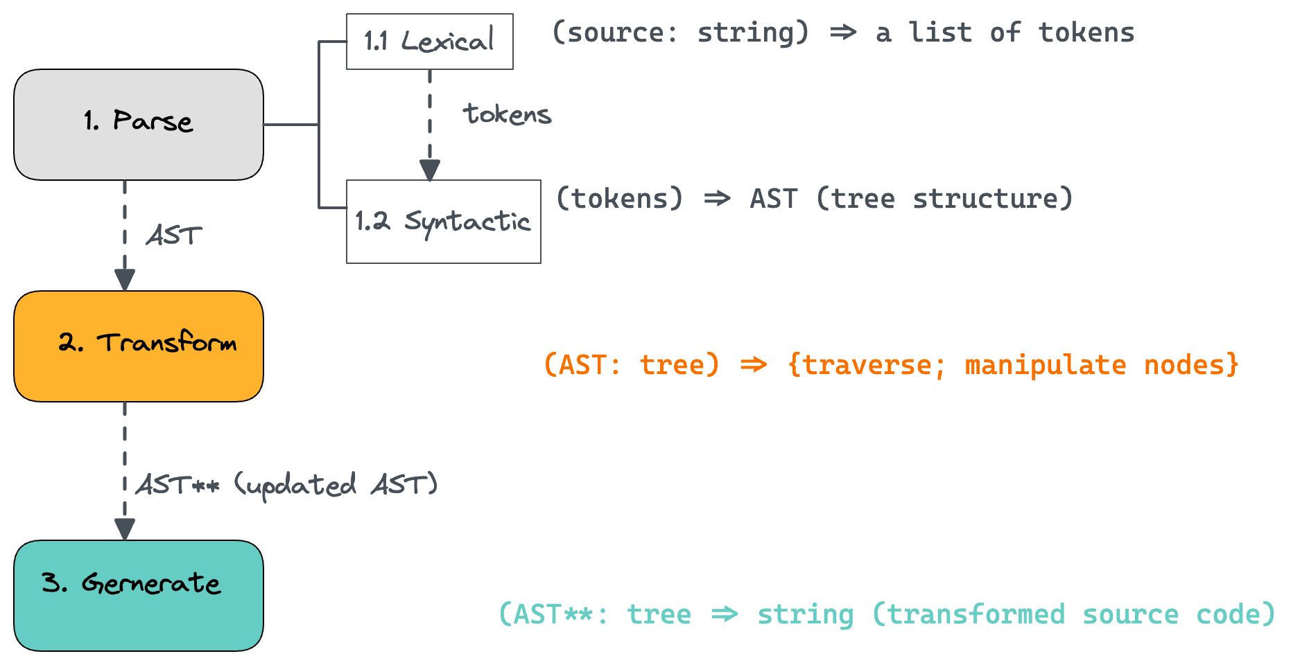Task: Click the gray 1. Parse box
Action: (139, 125)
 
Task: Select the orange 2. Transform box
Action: (139, 346)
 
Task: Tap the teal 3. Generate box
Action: (139, 596)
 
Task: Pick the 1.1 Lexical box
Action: (430, 42)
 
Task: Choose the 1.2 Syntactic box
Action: (444, 222)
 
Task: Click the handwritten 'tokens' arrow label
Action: (508, 114)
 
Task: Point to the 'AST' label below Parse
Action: (174, 236)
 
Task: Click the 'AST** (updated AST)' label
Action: (287, 486)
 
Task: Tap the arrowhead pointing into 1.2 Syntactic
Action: (430, 170)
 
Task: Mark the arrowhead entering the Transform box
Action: (125, 281)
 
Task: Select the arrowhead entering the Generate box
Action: (125, 530)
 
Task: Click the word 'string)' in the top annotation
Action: (753, 33)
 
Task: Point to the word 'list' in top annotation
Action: (940, 33)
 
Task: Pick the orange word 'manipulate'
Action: (1046, 366)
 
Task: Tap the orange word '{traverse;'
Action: (867, 366)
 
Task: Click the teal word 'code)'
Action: (1236, 615)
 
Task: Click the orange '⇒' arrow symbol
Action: (754, 365)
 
